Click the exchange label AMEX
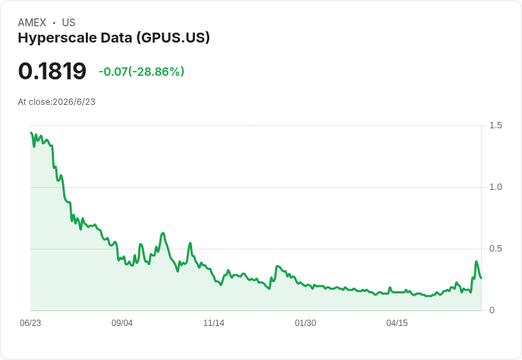coord(32,23)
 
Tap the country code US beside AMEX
coord(69,23)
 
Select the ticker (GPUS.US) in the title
coord(173,38)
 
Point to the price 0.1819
coord(52,71)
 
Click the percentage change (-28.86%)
coord(156,72)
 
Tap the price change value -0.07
coord(113,72)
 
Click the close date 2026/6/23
coord(74,102)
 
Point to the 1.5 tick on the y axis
coord(495,125)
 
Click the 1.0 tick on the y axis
coord(495,187)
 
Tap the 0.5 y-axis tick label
coord(495,249)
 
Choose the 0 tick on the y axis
coord(492,310)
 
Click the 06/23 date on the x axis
coord(30,323)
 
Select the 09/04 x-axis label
coord(122,323)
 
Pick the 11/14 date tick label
coord(213,323)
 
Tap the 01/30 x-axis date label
coord(305,323)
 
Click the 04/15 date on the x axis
coord(397,323)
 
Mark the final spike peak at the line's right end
coord(476,261)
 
